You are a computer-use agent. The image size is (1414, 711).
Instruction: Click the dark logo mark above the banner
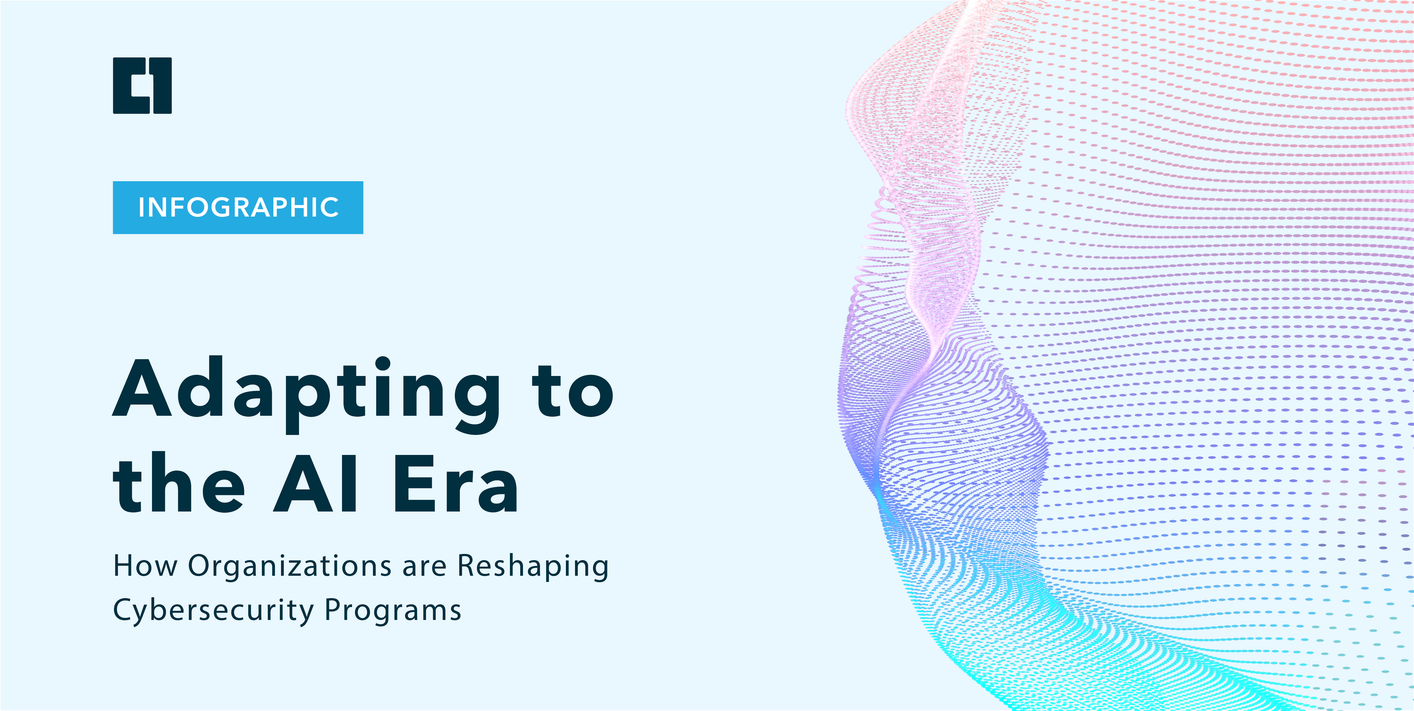[x=142, y=86]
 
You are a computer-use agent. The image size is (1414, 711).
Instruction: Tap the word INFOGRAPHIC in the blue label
[x=238, y=207]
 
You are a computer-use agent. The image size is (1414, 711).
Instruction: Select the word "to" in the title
[x=572, y=391]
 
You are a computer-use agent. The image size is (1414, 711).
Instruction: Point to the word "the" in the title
[x=179, y=486]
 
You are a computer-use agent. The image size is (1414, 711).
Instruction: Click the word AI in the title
[x=315, y=484]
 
